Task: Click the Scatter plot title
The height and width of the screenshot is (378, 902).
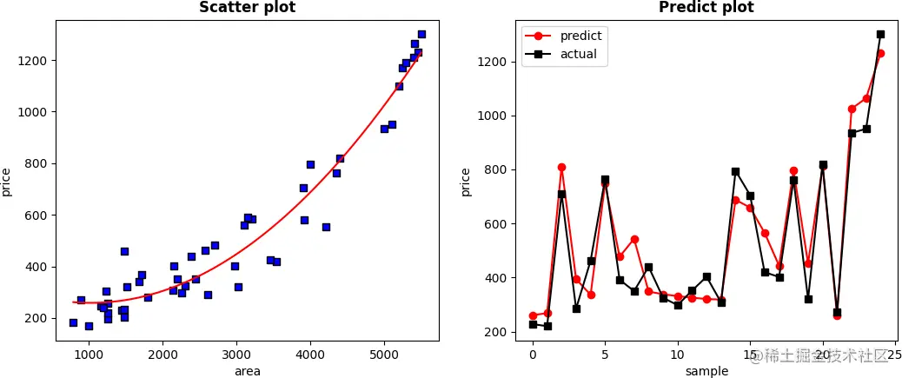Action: point(247,8)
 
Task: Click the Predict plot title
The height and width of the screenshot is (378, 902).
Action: point(706,8)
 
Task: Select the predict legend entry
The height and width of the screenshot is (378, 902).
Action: point(580,36)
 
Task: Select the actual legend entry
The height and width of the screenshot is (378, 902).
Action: point(578,54)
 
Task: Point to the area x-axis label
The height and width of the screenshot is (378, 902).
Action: point(247,371)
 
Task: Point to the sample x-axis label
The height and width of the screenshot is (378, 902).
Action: point(706,371)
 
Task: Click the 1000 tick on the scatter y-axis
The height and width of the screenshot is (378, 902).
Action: point(35,112)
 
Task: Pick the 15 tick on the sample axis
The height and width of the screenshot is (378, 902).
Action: point(750,355)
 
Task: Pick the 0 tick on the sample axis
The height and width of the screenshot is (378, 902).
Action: point(533,355)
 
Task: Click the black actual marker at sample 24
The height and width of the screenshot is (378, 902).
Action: point(880,35)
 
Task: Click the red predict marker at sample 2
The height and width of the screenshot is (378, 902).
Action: point(561,167)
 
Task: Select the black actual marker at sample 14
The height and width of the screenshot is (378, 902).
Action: point(735,171)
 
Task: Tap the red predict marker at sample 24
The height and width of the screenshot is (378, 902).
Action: point(880,53)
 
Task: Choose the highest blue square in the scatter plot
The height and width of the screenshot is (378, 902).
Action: point(421,35)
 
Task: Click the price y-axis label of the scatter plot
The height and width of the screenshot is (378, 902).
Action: point(7,182)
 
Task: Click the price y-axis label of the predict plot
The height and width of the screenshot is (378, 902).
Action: point(466,182)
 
